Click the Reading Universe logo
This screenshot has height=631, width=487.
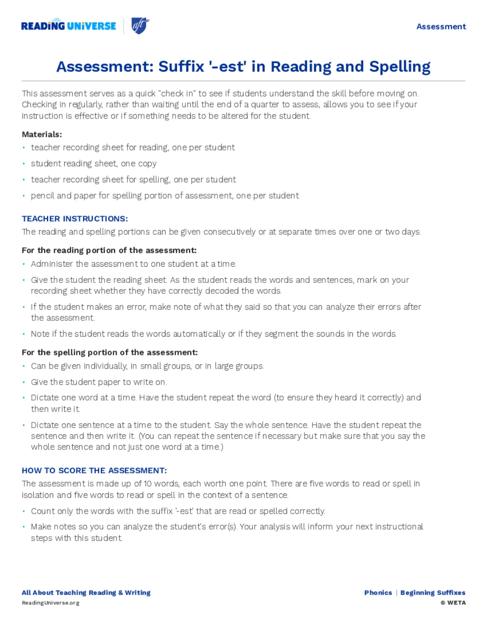[x=68, y=26]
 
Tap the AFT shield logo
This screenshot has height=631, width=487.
[x=140, y=25]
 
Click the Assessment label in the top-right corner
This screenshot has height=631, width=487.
[x=441, y=27]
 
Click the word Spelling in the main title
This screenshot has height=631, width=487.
[x=399, y=67]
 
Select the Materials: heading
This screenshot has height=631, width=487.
[x=42, y=134]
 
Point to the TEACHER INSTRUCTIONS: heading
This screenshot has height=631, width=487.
[x=75, y=219]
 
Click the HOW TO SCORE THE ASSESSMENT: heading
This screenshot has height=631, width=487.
[x=94, y=471]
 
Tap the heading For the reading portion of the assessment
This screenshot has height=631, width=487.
[x=109, y=250]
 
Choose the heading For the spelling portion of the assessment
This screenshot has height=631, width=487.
[x=109, y=352]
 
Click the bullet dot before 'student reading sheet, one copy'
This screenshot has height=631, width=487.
[x=24, y=164]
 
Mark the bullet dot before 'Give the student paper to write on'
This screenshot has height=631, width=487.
[x=24, y=382]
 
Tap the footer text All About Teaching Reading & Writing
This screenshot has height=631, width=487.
[x=86, y=593]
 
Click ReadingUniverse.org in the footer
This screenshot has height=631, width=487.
[x=50, y=603]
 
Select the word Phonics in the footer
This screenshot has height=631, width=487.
[x=378, y=593]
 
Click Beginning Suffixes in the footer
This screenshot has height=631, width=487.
[x=433, y=593]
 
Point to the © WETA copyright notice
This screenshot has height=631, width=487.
[x=453, y=603]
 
